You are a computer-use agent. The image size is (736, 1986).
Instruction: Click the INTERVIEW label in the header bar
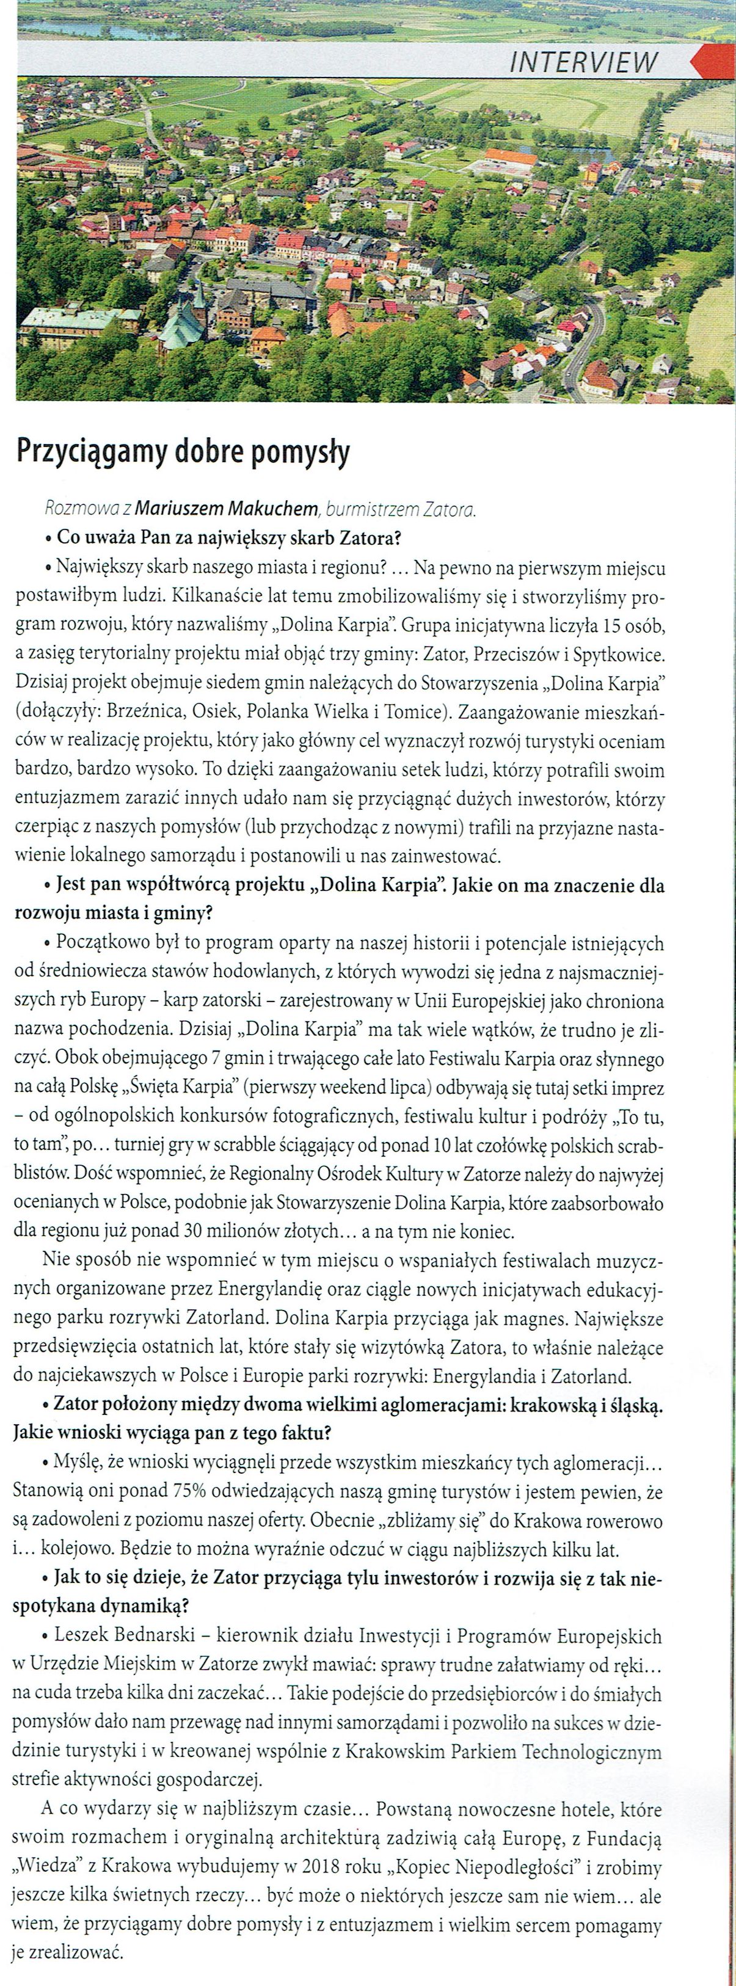coord(583,62)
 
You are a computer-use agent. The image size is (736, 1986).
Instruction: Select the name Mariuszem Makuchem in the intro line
coord(227,509)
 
